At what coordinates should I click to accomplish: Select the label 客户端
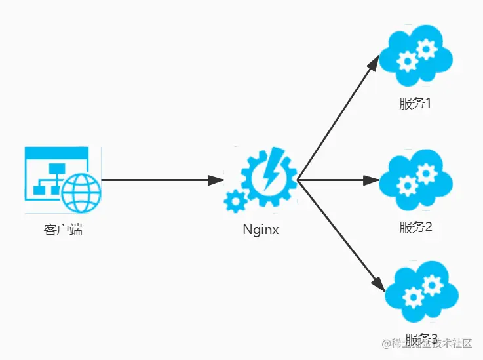tap(63, 230)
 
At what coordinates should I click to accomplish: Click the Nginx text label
tap(261, 230)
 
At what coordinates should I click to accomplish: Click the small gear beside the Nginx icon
tap(234, 201)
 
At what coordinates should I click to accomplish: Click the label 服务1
tap(415, 104)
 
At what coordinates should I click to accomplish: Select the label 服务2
tap(415, 228)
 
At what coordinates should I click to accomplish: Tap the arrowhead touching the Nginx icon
tap(216, 180)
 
